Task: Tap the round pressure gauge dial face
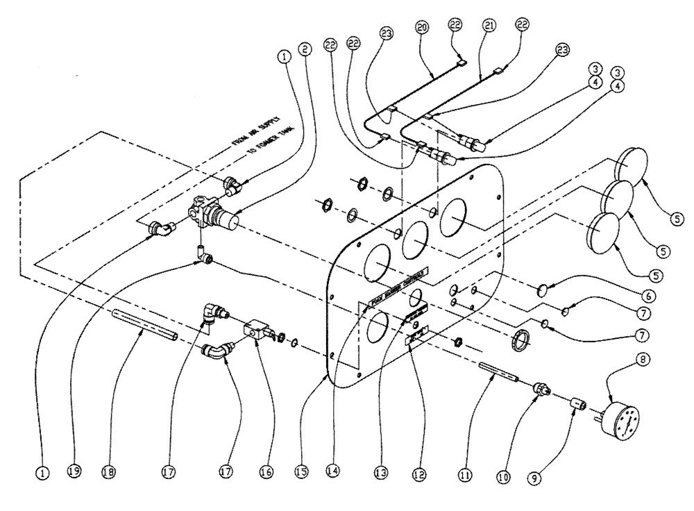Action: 625,419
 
